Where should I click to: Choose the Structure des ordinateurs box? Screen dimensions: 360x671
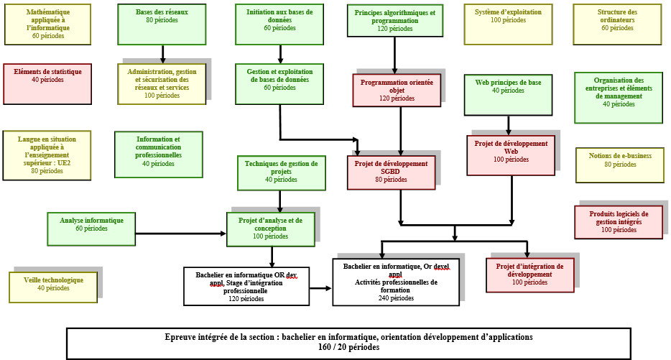click(617, 24)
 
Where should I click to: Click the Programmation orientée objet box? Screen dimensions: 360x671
click(397, 90)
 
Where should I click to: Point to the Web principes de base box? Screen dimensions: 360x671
click(508, 94)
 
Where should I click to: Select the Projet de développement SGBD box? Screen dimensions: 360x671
click(391, 172)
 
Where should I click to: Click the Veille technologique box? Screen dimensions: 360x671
click(53, 286)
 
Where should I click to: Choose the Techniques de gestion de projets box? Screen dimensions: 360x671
click(281, 173)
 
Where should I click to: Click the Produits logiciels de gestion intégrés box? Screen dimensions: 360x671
click(618, 222)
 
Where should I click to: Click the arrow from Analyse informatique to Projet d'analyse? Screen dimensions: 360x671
click(180, 233)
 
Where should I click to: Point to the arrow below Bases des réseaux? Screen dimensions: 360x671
click(162, 55)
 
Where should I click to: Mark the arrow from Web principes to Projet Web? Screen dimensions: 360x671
click(508, 125)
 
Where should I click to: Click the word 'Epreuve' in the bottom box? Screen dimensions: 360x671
click(180, 336)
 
